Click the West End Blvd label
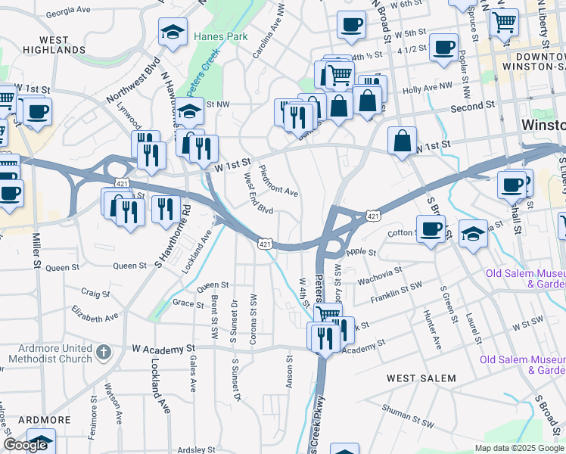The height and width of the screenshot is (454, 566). click(x=259, y=194)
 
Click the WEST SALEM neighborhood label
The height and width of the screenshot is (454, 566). click(x=421, y=378)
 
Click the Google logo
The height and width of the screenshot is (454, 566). click(x=25, y=445)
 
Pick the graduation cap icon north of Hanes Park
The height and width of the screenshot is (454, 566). click(x=173, y=32)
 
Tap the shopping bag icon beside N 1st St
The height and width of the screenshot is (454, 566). click(x=402, y=141)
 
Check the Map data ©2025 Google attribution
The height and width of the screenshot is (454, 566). click(x=519, y=448)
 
